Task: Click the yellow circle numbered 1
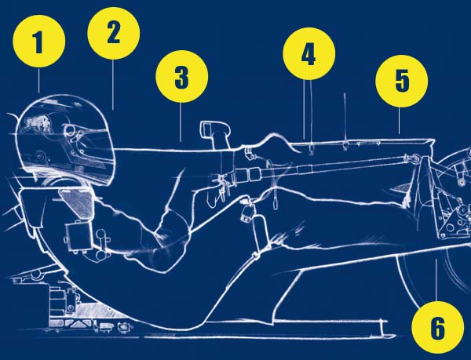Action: coord(39,41)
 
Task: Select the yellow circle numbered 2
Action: coord(114,33)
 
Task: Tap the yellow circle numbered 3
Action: coord(182,77)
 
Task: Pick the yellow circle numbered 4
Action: coord(309,54)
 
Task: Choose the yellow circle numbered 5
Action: coord(402,81)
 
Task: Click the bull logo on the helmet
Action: coord(35,123)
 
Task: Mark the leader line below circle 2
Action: coord(113,85)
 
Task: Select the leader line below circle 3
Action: coord(181,122)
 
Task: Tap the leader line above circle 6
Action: coord(436,281)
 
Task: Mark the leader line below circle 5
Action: coord(399,121)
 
